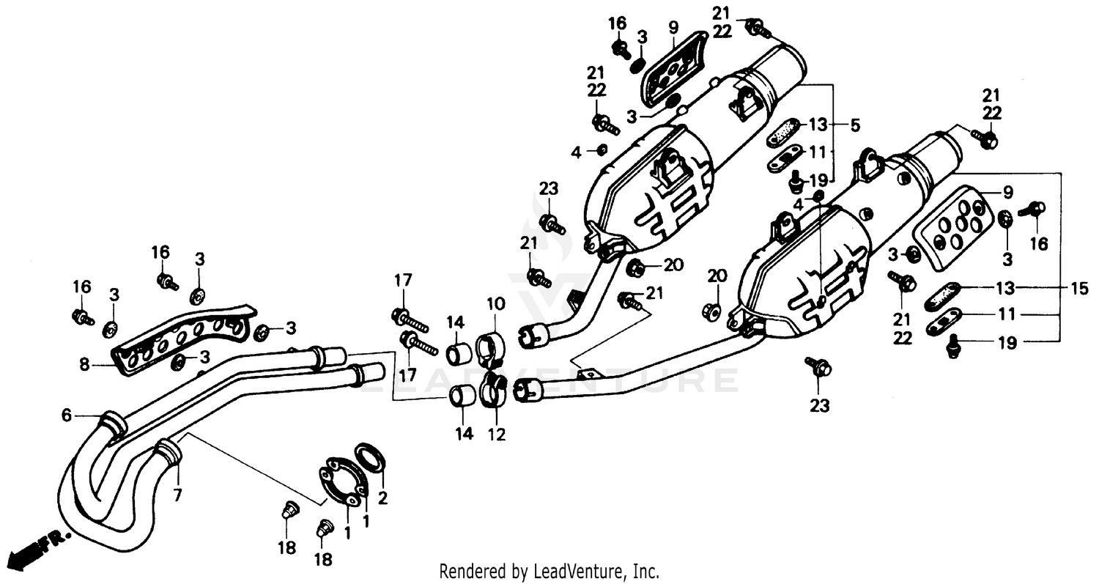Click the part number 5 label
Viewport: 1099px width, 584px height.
click(x=855, y=125)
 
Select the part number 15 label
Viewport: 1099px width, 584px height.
click(x=1079, y=289)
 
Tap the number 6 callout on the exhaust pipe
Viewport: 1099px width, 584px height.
click(x=67, y=415)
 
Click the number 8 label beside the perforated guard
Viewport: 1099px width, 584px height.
click(x=86, y=363)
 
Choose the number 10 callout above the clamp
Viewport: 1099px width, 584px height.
click(x=495, y=303)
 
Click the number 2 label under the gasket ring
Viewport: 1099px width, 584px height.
click(x=382, y=499)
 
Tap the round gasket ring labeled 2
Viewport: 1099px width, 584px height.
click(x=371, y=457)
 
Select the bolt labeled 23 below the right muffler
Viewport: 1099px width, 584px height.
click(x=818, y=366)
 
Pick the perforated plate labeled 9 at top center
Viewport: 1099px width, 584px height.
click(x=671, y=68)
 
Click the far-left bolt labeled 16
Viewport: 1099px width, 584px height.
click(x=81, y=317)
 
